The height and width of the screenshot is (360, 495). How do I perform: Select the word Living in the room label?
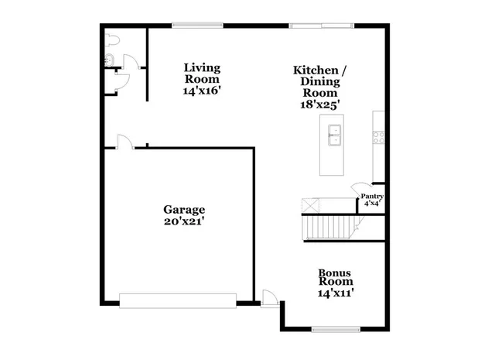click(202, 68)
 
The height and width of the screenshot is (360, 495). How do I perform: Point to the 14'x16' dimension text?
click(201, 91)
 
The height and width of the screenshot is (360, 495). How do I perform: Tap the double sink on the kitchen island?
click(335, 140)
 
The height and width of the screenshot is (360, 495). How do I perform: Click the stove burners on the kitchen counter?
click(379, 136)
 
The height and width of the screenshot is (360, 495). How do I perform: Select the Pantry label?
click(372, 197)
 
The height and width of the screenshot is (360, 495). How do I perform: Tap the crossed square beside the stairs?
click(310, 205)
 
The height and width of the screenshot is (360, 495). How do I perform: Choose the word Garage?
click(184, 210)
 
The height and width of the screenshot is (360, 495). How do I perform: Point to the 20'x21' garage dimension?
click(184, 221)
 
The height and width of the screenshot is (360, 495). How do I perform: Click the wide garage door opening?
click(178, 300)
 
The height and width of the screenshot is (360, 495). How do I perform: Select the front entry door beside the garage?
click(269, 298)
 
